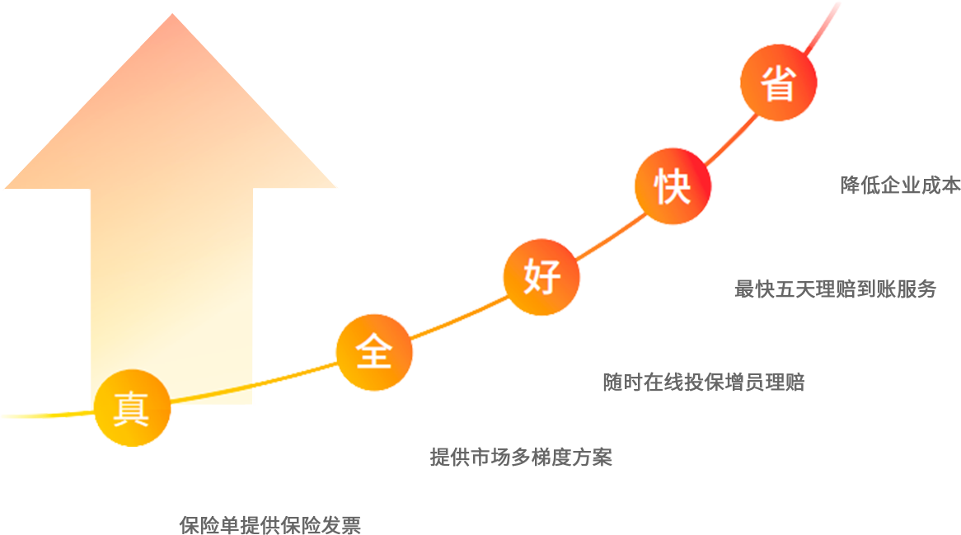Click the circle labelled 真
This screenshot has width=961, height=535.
point(132,408)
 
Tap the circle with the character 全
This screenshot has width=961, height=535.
point(374,353)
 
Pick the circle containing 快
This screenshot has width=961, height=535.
point(673,186)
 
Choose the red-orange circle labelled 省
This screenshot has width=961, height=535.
point(778,82)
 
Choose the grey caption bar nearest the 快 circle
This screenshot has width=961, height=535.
point(835,289)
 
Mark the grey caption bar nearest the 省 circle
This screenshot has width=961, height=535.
point(894,185)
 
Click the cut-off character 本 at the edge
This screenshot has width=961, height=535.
point(951,185)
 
